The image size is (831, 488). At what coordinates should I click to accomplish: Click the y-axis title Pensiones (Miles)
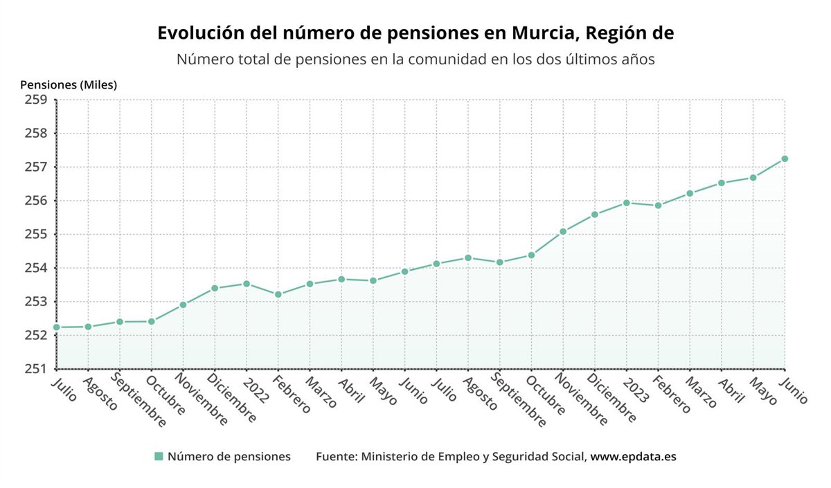pos(69,85)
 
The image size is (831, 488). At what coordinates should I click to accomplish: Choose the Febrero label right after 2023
pos(672,395)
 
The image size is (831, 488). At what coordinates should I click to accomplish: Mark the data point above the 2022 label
pos(247,284)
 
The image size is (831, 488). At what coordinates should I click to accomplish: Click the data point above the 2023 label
pos(627,203)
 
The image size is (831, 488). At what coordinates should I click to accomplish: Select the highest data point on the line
pos(785,159)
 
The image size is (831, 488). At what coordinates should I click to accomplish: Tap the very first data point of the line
pos(57,327)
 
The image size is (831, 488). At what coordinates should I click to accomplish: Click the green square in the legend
pos(159,457)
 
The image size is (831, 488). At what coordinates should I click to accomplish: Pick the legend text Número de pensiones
pos(229,457)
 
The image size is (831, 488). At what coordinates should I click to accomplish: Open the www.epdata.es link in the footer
pos(633,457)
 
